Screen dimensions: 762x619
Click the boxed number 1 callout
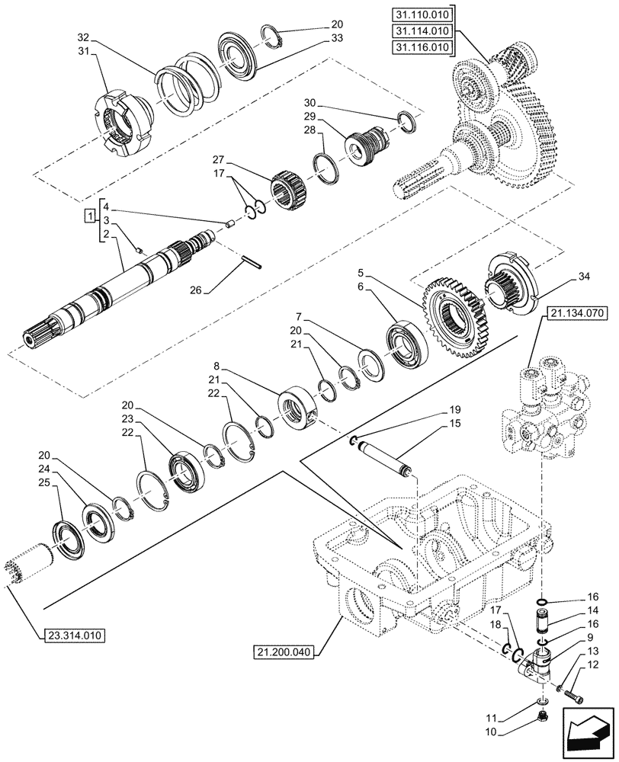(x=91, y=219)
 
